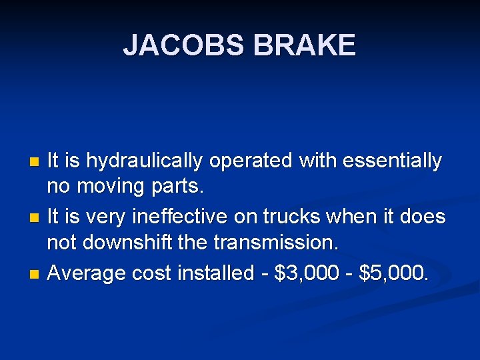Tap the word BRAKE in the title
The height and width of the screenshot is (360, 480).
point(305,46)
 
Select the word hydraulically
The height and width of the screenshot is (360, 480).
point(144,161)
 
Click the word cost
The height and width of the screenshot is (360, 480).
point(151,273)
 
